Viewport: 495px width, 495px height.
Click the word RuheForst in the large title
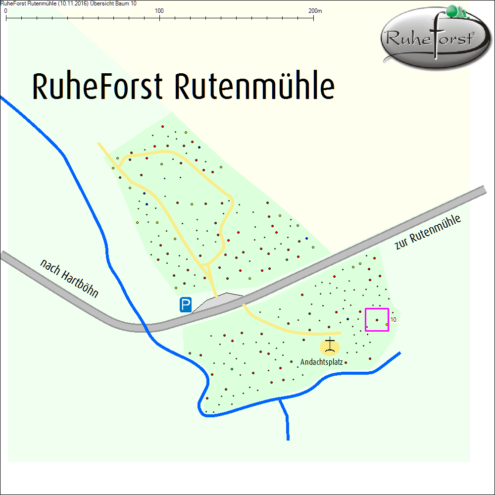tap(97, 87)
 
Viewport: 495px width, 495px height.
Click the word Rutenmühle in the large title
tap(254, 87)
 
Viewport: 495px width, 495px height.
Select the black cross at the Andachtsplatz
tap(330, 345)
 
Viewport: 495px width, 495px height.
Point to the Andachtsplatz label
tap(321, 362)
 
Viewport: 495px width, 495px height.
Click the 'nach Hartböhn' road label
tap(69, 279)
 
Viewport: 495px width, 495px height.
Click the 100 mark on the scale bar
tap(159, 10)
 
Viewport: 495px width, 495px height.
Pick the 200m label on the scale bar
tap(315, 10)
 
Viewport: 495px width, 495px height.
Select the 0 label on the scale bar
tap(5, 10)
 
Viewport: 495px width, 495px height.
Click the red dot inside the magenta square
tap(377, 320)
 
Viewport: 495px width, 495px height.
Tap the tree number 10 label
tap(393, 320)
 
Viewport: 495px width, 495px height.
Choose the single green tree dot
tap(232, 369)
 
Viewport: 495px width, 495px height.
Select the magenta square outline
tap(366, 319)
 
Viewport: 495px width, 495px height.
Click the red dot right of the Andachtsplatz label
tap(346, 362)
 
